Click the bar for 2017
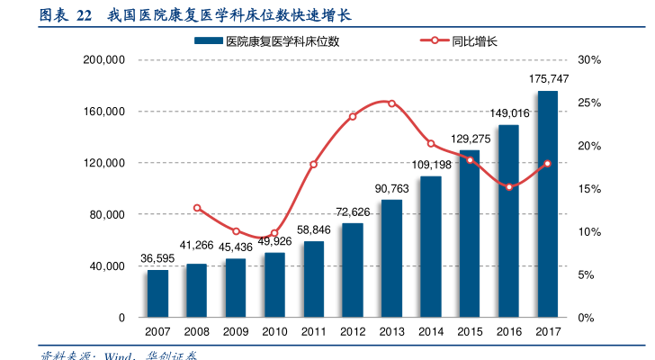coord(548,204)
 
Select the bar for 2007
coord(158,293)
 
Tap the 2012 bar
coord(353,270)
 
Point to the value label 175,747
coord(548,80)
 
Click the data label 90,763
coord(391,188)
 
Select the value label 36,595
coord(158,258)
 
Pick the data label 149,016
coord(509,113)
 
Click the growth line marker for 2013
coord(391,103)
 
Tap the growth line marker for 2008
coord(197,208)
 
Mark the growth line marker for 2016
coord(509,187)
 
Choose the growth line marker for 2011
coord(314,164)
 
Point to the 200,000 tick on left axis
coord(104,60)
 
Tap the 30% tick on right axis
coord(589,60)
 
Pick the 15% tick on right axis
coord(589,189)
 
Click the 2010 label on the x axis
coord(274,333)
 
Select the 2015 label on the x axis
coord(470,333)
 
